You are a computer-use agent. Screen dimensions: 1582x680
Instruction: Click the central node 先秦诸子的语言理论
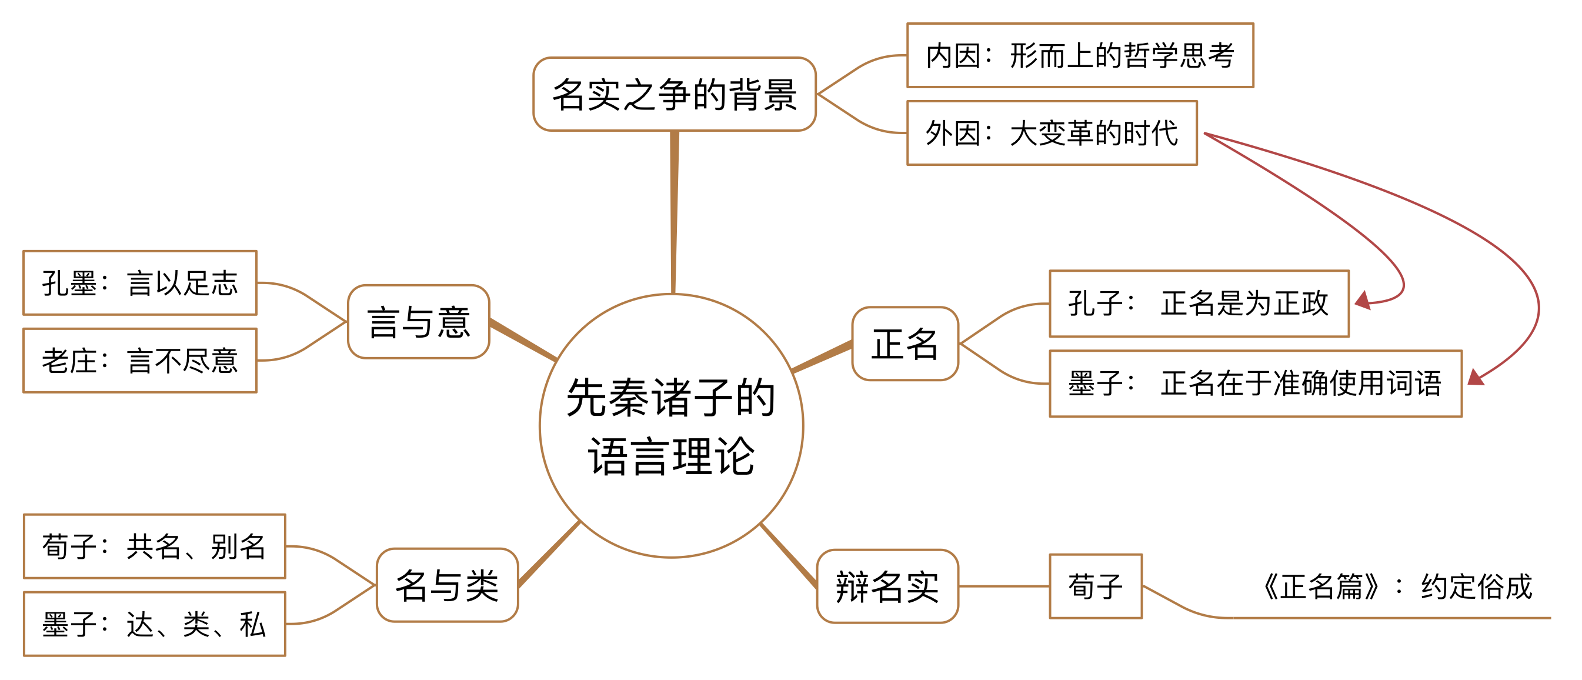pyautogui.click(x=671, y=426)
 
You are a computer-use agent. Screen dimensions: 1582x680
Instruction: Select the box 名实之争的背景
pyautogui.click(x=675, y=95)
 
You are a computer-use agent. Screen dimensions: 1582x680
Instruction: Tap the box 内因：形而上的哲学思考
pyautogui.click(x=1080, y=55)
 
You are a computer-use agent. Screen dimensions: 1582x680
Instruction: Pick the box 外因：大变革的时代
pyautogui.click(x=1052, y=133)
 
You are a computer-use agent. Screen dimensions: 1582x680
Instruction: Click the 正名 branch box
pyautogui.click(x=905, y=344)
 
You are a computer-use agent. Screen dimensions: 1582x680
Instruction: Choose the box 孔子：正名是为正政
pyautogui.click(x=1199, y=304)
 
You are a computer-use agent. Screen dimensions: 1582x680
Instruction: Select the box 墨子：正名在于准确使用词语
pyautogui.click(x=1255, y=384)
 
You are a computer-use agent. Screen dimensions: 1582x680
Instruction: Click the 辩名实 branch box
pyautogui.click(x=887, y=586)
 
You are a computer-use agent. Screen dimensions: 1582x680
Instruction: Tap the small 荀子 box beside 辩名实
pyautogui.click(x=1095, y=586)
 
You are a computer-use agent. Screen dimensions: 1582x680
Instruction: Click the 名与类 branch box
pyautogui.click(x=447, y=585)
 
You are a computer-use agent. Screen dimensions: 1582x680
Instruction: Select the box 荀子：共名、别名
pyautogui.click(x=154, y=546)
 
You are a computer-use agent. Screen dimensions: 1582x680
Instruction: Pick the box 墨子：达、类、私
pyautogui.click(x=154, y=624)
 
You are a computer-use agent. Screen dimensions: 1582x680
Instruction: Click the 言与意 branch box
pyautogui.click(x=418, y=321)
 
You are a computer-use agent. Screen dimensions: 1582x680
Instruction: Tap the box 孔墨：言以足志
pyautogui.click(x=139, y=282)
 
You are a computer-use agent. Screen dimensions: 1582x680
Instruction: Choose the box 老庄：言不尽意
pyautogui.click(x=139, y=361)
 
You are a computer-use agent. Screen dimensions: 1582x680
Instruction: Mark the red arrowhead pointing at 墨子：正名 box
pyautogui.click(x=1476, y=377)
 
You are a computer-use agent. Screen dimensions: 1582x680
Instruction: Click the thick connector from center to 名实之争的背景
pyautogui.click(x=674, y=212)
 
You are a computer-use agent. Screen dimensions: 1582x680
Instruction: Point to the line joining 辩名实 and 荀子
pyautogui.click(x=1003, y=586)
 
